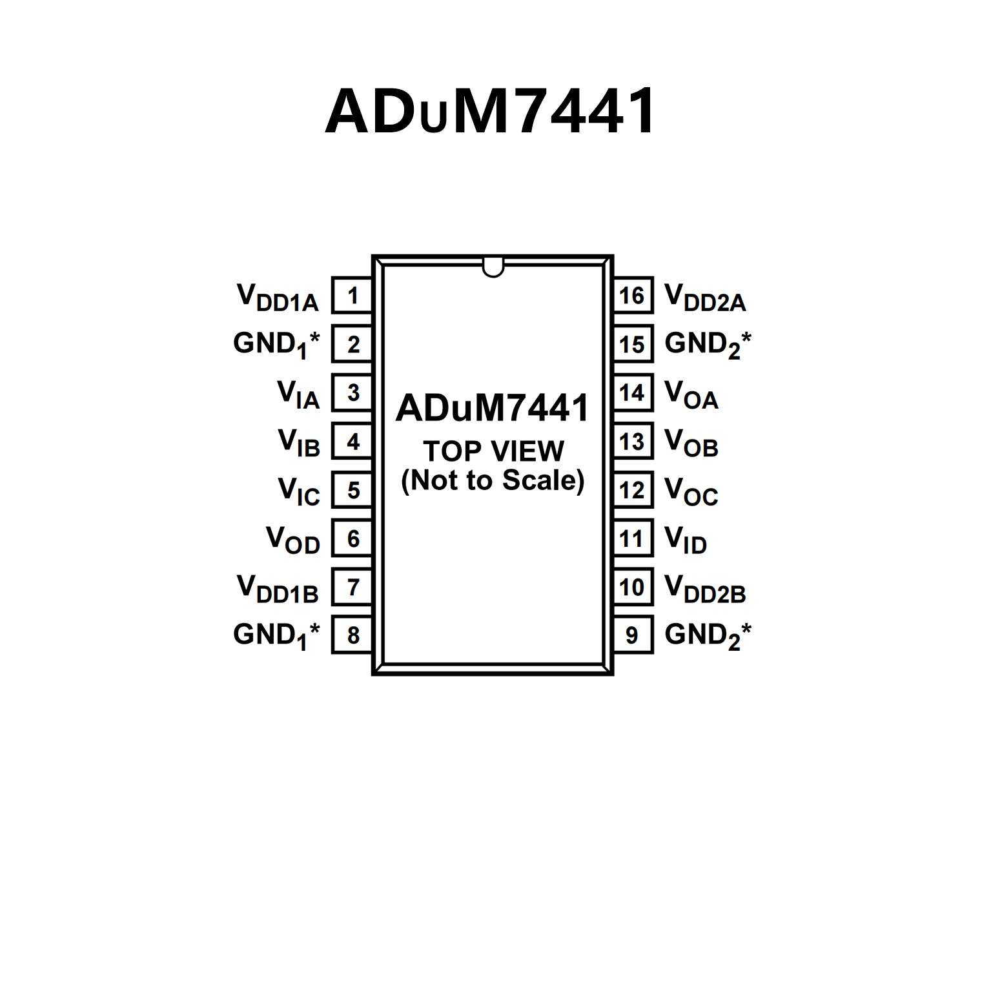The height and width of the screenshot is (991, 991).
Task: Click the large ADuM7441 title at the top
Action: click(491, 111)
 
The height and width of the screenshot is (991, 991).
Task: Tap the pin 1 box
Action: click(352, 296)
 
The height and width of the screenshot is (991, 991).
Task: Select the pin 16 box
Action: click(632, 296)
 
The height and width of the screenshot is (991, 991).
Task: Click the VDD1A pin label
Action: click(278, 298)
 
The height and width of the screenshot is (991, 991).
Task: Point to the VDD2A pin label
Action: click(705, 298)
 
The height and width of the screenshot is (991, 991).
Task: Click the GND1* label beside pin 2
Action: click(276, 344)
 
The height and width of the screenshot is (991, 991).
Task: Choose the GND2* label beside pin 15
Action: click(708, 344)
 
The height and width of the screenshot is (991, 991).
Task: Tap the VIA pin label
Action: click(298, 394)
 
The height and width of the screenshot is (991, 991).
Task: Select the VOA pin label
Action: click(691, 394)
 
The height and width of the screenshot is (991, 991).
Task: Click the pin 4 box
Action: click(352, 442)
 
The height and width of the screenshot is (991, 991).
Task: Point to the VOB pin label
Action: click(691, 443)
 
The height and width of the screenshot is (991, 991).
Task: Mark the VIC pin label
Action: click(299, 491)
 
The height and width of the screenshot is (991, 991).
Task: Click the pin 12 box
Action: click(632, 491)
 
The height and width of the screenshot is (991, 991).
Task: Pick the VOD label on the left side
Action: click(293, 540)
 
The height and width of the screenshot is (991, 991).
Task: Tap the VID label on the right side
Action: click(686, 540)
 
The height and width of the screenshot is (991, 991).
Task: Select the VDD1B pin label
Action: click(278, 589)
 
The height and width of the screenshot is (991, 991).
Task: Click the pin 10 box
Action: click(632, 587)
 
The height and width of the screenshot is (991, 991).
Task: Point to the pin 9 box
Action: click(632, 635)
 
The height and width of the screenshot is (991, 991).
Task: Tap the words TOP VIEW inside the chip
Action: click(493, 451)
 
